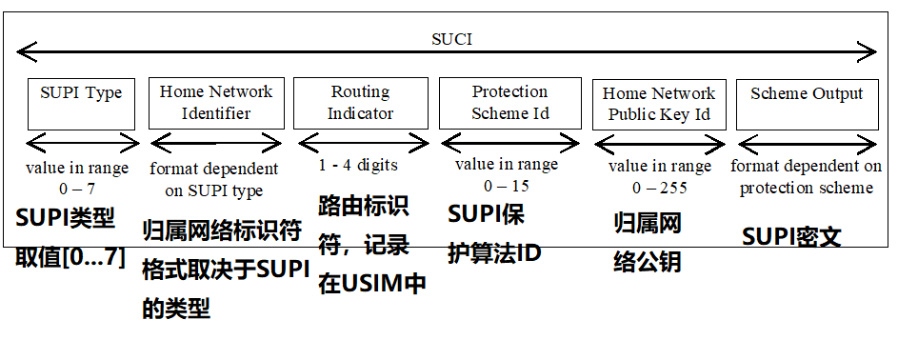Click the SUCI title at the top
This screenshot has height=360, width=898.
[450, 40]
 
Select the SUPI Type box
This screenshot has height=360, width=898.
[81, 104]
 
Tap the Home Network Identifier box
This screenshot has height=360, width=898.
[215, 103]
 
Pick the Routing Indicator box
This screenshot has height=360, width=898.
[360, 103]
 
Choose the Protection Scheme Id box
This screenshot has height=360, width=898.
[509, 103]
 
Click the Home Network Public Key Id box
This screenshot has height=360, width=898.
[659, 105]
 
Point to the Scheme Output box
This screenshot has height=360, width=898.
[807, 104]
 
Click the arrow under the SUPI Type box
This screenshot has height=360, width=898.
[81, 144]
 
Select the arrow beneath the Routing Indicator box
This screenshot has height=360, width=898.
[360, 144]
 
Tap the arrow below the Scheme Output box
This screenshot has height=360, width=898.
[807, 144]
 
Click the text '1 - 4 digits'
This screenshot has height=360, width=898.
[358, 165]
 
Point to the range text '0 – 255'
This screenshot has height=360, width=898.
[660, 188]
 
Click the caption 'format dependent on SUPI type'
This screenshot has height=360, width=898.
[215, 179]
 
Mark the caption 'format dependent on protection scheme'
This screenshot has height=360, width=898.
[807, 177]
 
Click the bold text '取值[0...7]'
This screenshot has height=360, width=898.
[70, 256]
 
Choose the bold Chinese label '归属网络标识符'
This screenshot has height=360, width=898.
[225, 231]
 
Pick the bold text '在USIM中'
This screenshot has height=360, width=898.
[371, 283]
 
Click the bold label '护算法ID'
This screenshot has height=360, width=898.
[495, 253]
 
